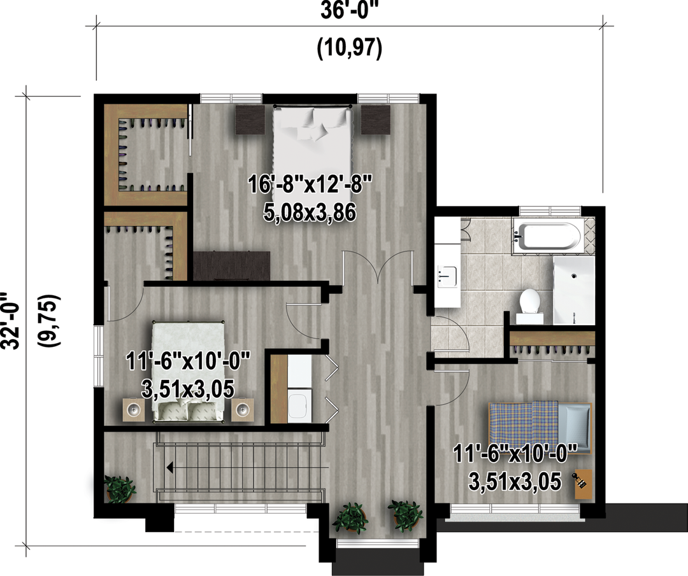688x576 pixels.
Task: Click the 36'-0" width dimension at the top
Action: coord(349,10)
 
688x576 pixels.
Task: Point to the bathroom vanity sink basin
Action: coord(447,276)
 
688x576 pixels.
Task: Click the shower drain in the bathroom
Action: coord(573,276)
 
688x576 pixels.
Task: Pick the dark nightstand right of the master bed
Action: coord(376,120)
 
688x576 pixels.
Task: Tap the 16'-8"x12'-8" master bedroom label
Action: coord(310,184)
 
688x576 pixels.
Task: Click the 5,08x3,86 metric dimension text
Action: coord(310,213)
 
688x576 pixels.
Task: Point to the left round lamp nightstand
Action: coord(133,410)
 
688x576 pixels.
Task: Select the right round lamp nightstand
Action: coord(243,410)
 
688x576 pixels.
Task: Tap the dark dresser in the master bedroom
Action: coord(232,265)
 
